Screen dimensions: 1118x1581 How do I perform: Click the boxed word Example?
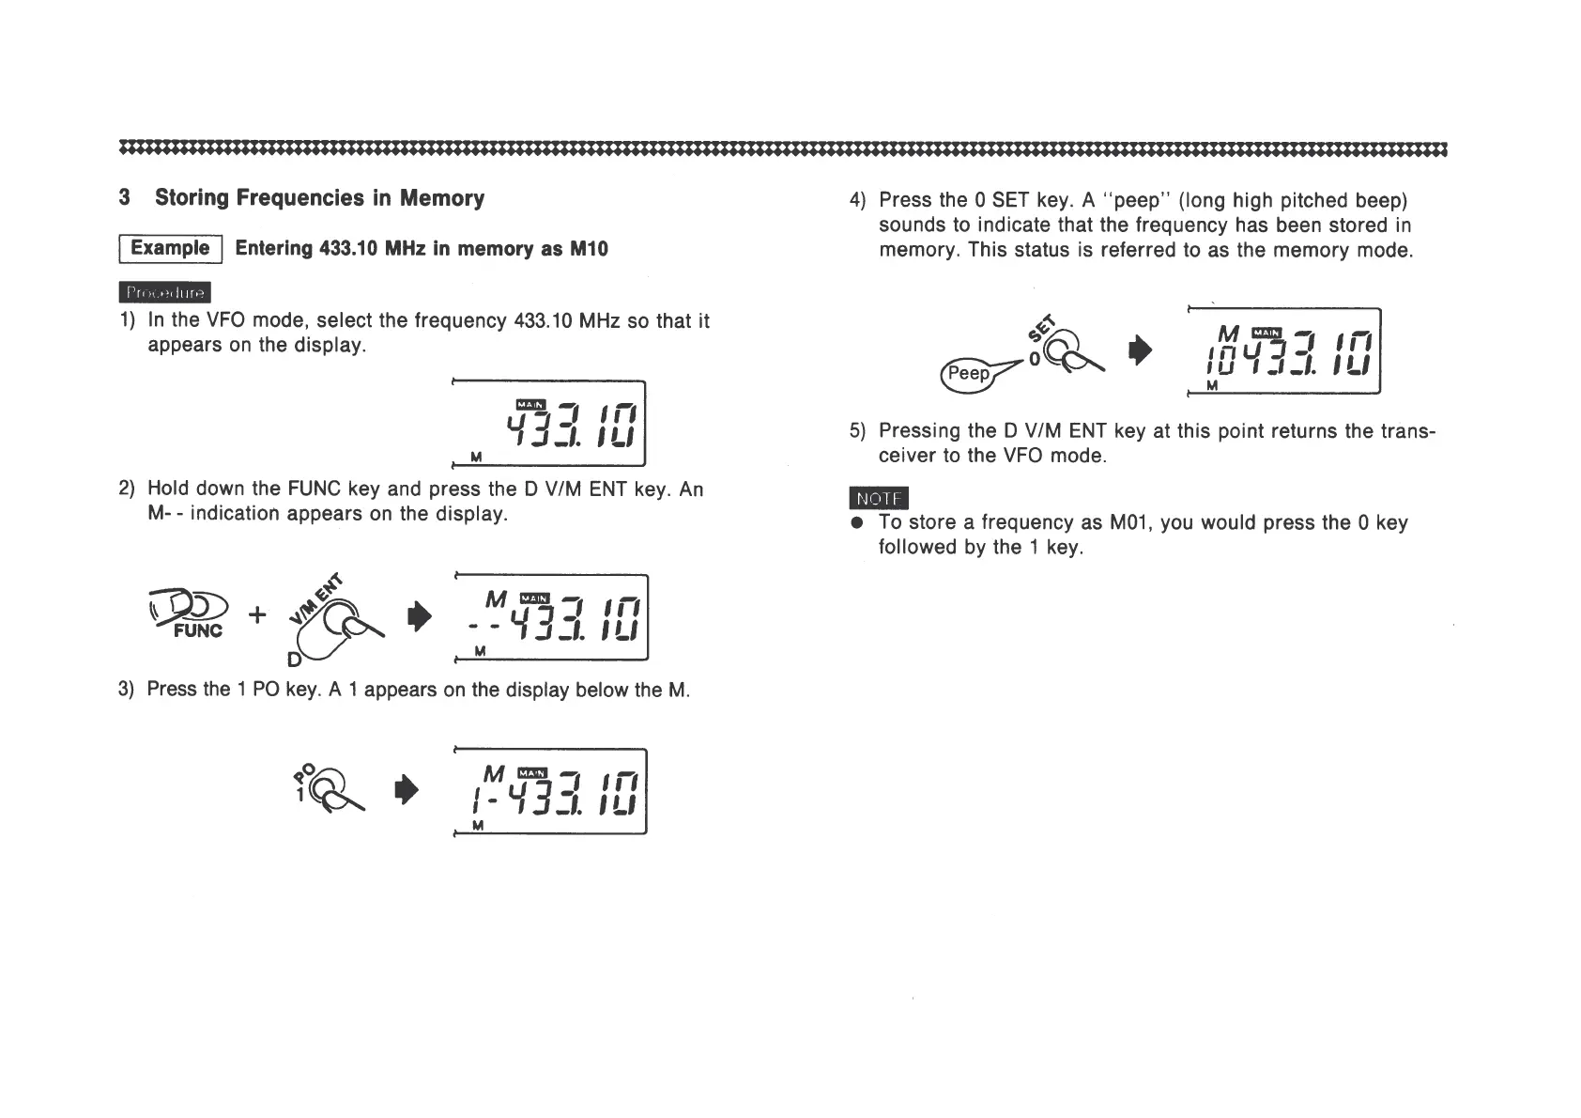170,248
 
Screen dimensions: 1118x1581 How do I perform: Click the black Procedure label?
165,293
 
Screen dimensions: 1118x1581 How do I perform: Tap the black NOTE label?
879,498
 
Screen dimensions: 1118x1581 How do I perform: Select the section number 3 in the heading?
125,198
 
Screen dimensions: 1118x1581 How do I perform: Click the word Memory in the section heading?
441,198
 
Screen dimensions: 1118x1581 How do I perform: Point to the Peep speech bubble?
968,373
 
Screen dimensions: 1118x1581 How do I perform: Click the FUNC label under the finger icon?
197,630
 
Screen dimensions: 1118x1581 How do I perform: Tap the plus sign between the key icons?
257,614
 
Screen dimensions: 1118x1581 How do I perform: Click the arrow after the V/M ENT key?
420,616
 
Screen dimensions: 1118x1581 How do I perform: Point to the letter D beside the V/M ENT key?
294,660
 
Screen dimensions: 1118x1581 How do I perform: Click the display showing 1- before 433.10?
551,791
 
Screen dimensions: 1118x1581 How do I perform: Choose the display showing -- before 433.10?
551,616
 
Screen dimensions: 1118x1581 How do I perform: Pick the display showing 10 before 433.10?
1284,351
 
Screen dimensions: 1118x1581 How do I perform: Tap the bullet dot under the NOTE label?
855,522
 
